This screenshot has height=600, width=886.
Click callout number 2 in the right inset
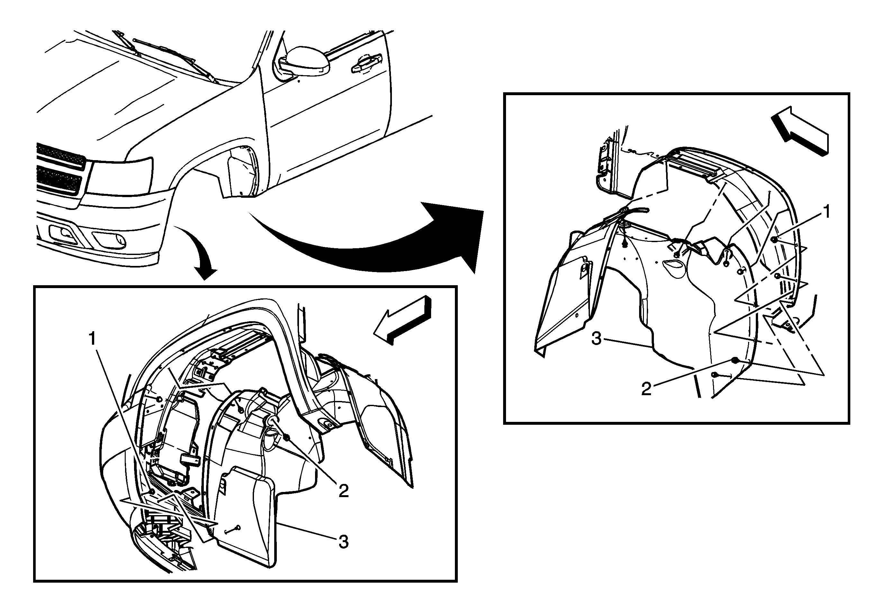pos(646,389)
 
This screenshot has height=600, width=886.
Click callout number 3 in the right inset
pos(597,338)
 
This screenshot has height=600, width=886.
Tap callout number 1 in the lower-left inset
pos(93,339)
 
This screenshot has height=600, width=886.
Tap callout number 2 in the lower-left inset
pos(343,491)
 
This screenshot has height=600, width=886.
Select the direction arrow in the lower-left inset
pos(402,319)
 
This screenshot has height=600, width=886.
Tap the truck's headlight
pos(120,176)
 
